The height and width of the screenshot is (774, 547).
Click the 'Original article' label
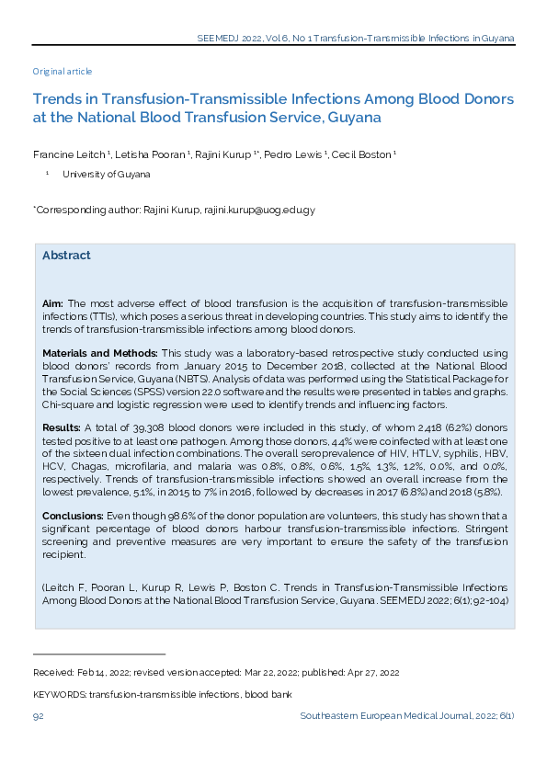click(63, 72)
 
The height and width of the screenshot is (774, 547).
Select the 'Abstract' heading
click(66, 256)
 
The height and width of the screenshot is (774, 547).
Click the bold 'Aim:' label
click(52, 303)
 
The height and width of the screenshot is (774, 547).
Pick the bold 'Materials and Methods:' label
click(99, 353)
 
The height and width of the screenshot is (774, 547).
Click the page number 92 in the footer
click(39, 715)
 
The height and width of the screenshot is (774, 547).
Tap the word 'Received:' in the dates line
click(53, 673)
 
